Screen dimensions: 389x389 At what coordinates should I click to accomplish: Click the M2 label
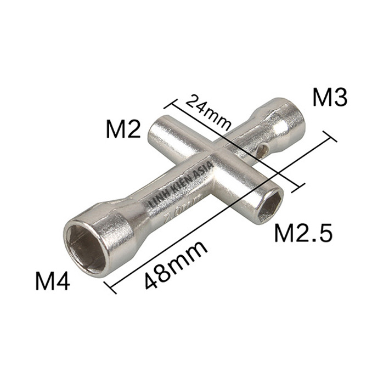tap(124, 130)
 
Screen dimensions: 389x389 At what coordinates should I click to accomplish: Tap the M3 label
tap(330, 98)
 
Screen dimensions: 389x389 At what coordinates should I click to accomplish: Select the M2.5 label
tap(303, 233)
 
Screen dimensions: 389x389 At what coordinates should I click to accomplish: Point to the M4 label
tap(53, 282)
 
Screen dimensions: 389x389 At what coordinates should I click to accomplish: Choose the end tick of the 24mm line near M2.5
tap(297, 187)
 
